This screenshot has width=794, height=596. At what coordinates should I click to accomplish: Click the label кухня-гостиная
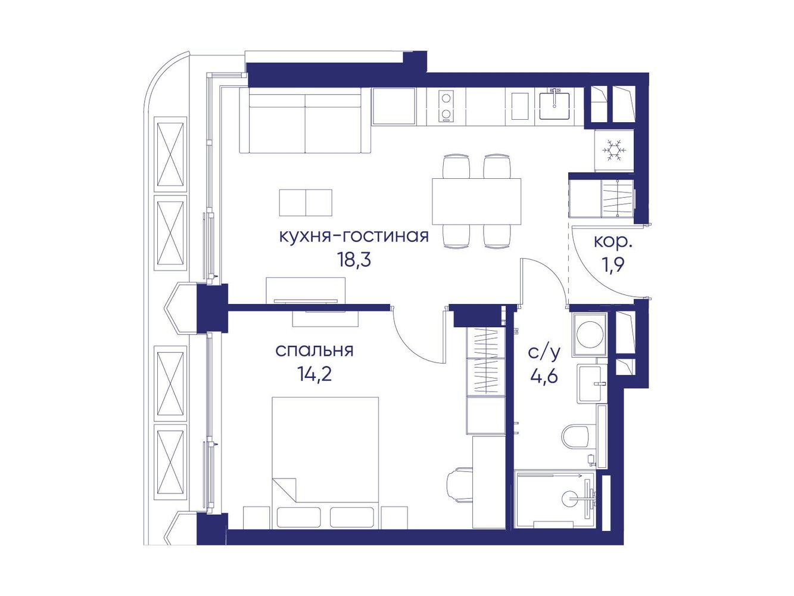[x=354, y=237]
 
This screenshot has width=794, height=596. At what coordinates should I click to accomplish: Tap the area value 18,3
[x=354, y=260]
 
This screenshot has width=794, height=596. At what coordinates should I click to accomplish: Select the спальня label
[x=315, y=350]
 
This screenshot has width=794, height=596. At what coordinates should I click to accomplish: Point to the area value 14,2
[x=314, y=375]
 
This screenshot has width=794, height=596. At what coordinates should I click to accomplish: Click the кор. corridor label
[x=613, y=243]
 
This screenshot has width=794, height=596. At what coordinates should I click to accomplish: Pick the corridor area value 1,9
[x=614, y=266]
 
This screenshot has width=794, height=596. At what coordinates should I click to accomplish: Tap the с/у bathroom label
[x=544, y=352]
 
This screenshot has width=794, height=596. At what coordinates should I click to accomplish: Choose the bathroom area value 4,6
[x=544, y=376]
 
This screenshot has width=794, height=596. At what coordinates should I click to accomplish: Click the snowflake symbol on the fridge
[x=614, y=150]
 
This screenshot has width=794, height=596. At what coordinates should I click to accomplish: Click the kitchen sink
[x=554, y=105]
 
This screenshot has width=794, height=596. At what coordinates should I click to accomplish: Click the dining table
[x=477, y=201]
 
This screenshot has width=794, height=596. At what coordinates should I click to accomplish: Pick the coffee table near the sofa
[x=306, y=203]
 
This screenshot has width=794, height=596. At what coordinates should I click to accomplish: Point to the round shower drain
[x=570, y=498]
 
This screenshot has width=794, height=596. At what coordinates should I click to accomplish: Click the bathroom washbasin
[x=593, y=383]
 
